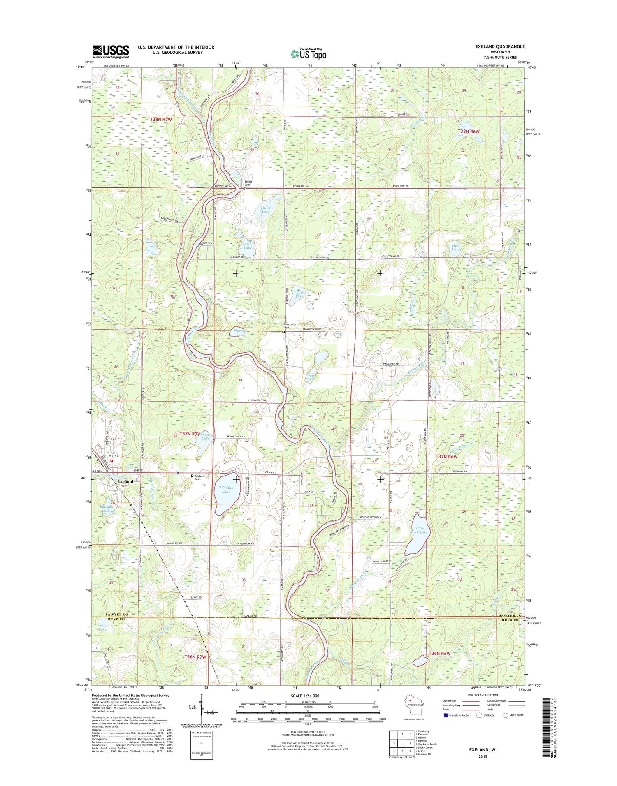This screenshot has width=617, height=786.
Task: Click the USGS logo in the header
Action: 110,52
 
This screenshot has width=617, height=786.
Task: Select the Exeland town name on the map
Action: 125,481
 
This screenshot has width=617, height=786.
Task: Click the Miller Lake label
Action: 266,210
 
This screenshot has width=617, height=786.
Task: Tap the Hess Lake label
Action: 456,248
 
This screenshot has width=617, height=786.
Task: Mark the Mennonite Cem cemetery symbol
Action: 283,331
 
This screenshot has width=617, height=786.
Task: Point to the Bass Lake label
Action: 102,628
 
